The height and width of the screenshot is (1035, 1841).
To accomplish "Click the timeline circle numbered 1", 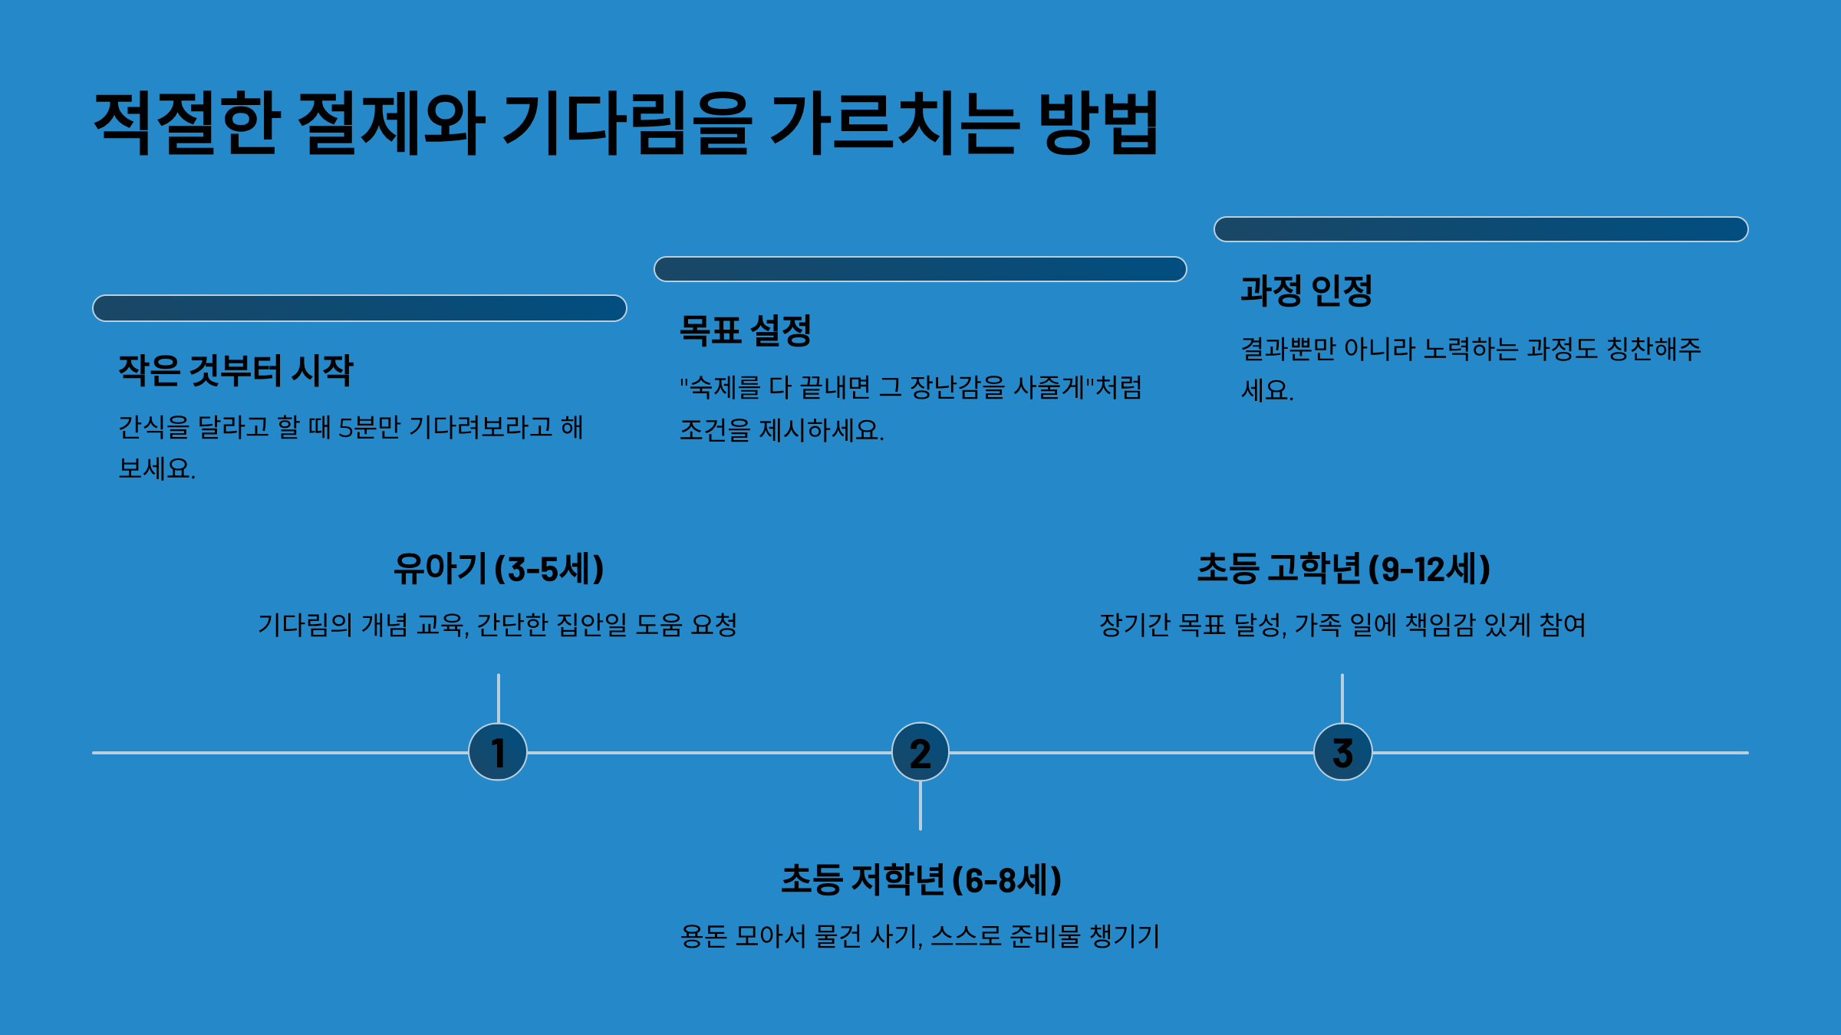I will pos(498,752).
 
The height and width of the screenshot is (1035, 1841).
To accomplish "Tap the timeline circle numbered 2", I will pos(920,752).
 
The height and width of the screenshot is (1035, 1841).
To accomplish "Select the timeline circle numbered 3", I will pos(1342,752).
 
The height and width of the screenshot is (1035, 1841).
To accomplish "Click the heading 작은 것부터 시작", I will pos(235,371).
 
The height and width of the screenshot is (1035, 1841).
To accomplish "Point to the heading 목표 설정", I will pos(746,331).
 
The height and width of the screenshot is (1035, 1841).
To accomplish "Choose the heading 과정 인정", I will pos(1306,291).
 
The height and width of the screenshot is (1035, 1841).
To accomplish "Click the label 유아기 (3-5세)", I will pos(499,569).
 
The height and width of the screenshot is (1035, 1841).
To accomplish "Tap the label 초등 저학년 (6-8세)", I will pos(920,880).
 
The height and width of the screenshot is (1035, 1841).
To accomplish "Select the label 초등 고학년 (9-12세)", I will pos(1343,569).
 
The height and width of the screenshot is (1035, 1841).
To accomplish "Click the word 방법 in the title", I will pos(1098,123).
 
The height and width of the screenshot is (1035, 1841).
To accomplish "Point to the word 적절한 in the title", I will pos(185,123).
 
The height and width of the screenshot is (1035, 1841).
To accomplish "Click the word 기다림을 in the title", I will pos(625,123).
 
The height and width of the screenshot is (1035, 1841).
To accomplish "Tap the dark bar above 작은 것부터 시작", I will pos(360,308).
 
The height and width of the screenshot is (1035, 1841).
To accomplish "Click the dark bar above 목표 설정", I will pos(920,269).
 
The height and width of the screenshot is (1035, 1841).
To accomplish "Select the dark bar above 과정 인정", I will pos(1480,229).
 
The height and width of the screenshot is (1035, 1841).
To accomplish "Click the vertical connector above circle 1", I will pos(499,698).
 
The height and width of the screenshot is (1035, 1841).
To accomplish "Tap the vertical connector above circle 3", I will pos(1342,698).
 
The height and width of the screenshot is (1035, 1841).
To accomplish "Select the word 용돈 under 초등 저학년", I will pos(703,937).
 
